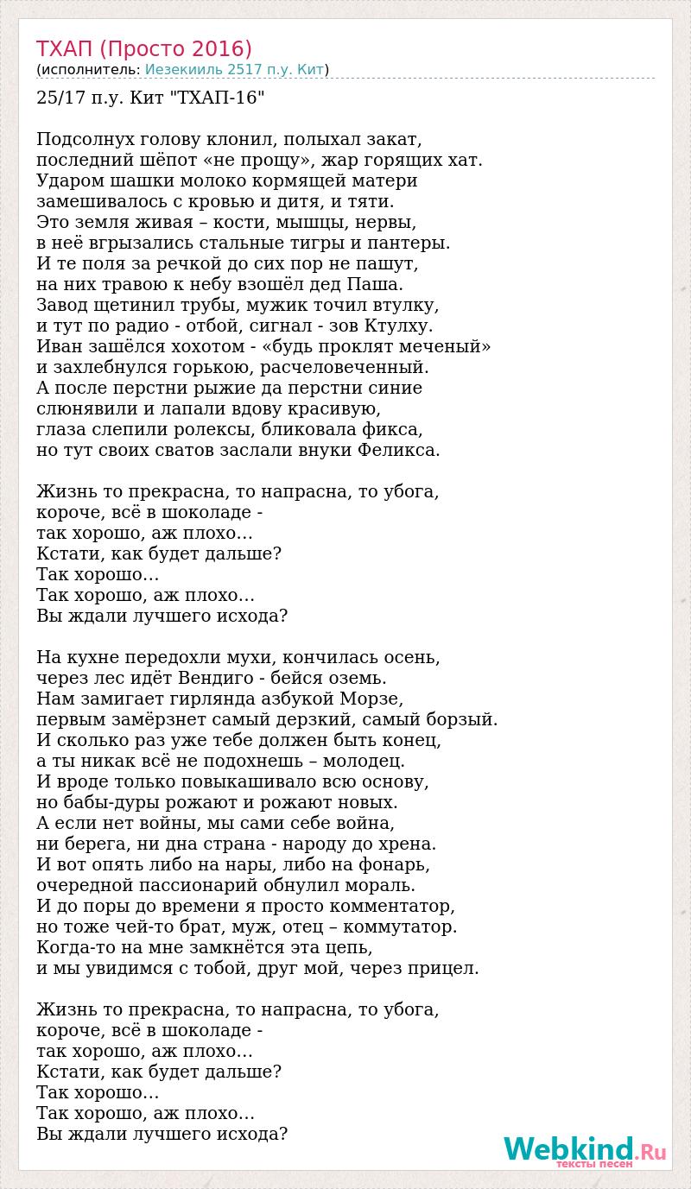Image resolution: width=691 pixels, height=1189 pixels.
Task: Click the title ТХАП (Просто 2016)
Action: click(x=144, y=48)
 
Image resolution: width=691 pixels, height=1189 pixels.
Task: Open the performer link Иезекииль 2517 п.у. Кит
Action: click(x=234, y=70)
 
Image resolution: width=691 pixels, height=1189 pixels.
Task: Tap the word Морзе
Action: click(x=373, y=699)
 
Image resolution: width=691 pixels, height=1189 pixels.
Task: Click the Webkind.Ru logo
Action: click(x=583, y=1152)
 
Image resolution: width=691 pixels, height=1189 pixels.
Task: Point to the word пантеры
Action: click(x=415, y=243)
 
